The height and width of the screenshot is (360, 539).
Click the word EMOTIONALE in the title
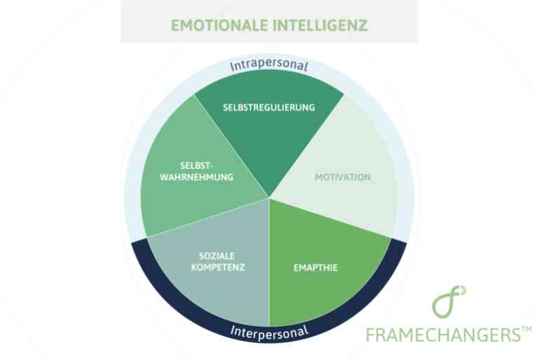[219, 25]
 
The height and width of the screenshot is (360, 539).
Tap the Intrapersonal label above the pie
[269, 66]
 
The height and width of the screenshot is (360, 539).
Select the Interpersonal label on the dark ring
[269, 332]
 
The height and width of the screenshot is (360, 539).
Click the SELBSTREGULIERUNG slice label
[269, 108]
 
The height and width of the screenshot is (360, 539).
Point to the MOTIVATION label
[343, 177]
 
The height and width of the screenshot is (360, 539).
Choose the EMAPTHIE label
[315, 268]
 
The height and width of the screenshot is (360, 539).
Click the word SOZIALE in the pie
[217, 256]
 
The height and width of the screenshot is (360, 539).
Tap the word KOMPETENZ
[218, 268]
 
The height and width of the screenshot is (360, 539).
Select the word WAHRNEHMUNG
[197, 177]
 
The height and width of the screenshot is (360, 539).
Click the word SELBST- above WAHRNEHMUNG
[197, 166]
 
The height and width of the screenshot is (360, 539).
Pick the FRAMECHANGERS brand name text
[444, 335]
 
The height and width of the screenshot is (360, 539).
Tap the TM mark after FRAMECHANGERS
[526, 329]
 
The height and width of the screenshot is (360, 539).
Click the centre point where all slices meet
[269, 198]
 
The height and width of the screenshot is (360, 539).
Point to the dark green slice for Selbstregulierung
[269, 134]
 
